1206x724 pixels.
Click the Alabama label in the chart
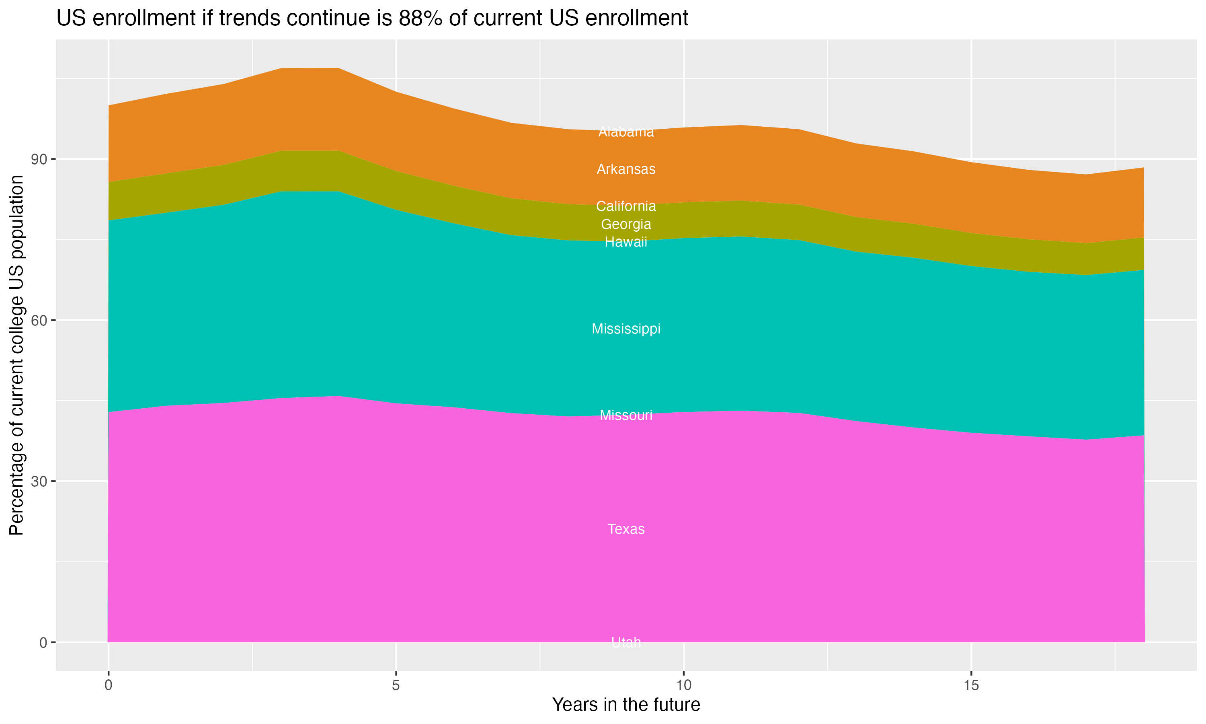click(x=626, y=132)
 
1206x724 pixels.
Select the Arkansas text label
click(x=626, y=169)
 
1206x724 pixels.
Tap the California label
click(x=626, y=206)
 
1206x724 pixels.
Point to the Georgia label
click(x=626, y=224)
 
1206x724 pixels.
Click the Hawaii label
click(x=626, y=242)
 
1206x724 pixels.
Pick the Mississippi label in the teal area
click(x=626, y=329)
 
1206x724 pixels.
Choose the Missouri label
click(x=626, y=415)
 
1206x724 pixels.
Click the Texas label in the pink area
click(x=626, y=529)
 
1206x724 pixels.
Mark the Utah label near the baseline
click(x=626, y=642)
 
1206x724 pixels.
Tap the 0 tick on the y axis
click(x=43, y=642)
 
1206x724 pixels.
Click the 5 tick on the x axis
click(x=396, y=685)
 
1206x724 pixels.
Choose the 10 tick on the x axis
click(x=683, y=685)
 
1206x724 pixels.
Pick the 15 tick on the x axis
click(x=971, y=685)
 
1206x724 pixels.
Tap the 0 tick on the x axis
click(x=108, y=685)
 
